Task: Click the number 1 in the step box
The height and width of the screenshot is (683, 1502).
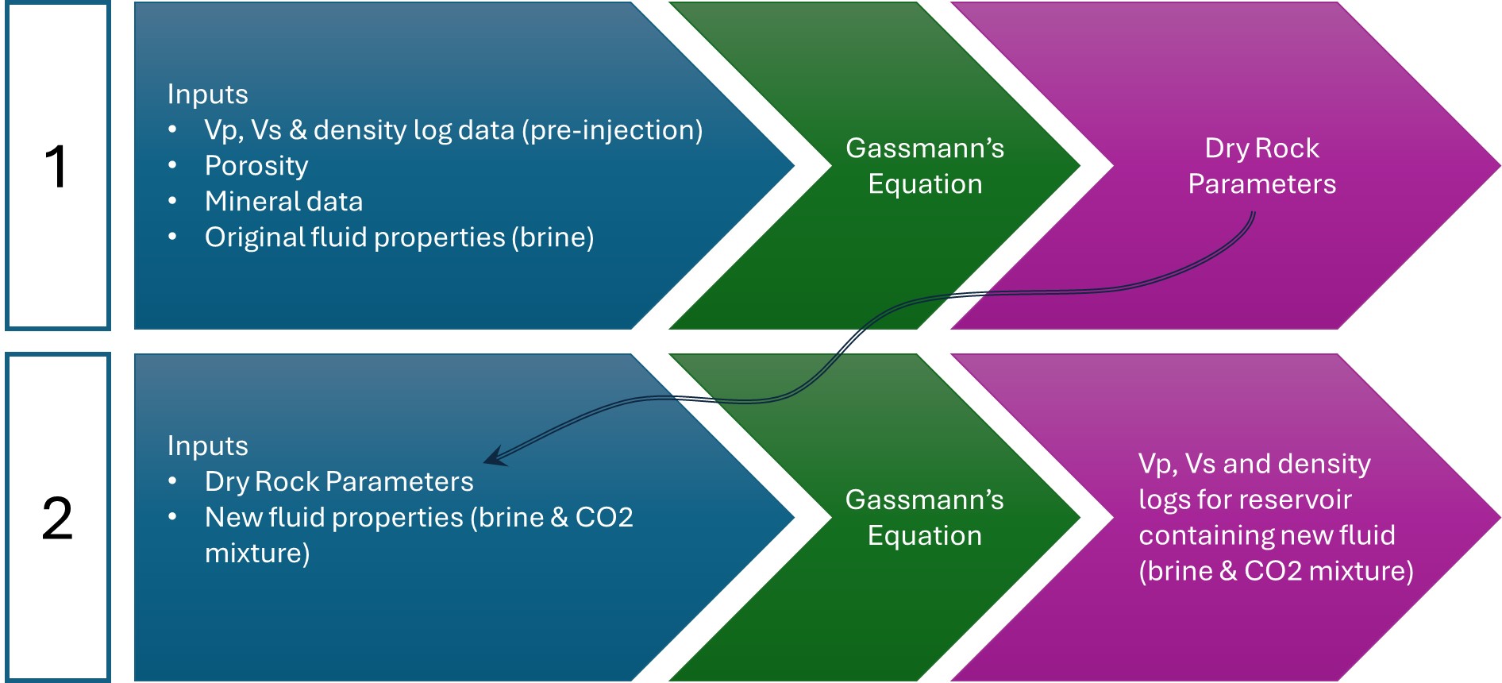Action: [x=56, y=167]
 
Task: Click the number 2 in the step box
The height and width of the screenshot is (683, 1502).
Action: [x=57, y=519]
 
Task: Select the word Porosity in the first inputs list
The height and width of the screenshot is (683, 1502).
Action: [x=256, y=166]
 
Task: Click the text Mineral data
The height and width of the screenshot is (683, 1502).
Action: [x=283, y=202]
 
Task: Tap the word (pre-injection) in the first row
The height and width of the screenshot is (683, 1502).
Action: [x=612, y=130]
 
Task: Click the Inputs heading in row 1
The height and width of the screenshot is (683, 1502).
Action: [x=207, y=95]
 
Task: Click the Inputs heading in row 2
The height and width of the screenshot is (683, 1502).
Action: [x=207, y=446]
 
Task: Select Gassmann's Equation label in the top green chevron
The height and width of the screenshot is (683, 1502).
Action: [x=925, y=166]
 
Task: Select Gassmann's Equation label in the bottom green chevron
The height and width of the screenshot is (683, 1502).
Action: [x=925, y=518]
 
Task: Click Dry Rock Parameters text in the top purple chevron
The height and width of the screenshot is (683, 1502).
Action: [x=1261, y=166]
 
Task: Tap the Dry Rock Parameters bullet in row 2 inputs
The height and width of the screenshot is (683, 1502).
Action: [x=338, y=482]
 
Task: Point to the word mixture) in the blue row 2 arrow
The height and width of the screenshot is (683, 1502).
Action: [x=257, y=554]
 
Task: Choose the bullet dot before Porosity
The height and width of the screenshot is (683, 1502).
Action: [x=172, y=166]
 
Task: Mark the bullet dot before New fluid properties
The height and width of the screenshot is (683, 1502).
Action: [x=172, y=518]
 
